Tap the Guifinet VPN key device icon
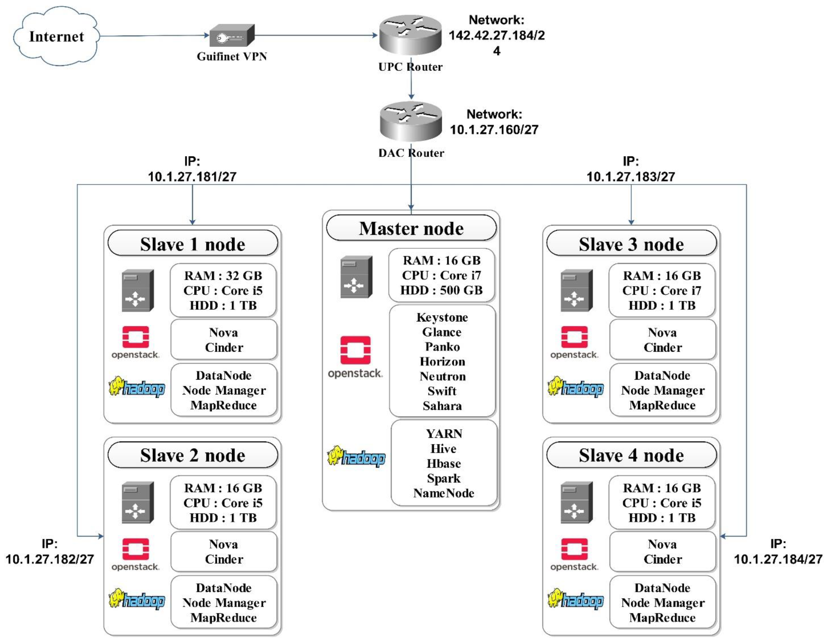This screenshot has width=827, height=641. (x=232, y=36)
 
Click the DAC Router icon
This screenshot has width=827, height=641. (x=411, y=121)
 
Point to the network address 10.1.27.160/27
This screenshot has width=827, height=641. (x=494, y=129)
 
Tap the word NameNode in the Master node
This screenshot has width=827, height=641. (x=444, y=493)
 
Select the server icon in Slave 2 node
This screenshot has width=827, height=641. (x=137, y=503)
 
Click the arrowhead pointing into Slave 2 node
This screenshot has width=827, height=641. (x=101, y=536)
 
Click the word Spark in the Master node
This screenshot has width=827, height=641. (x=444, y=478)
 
